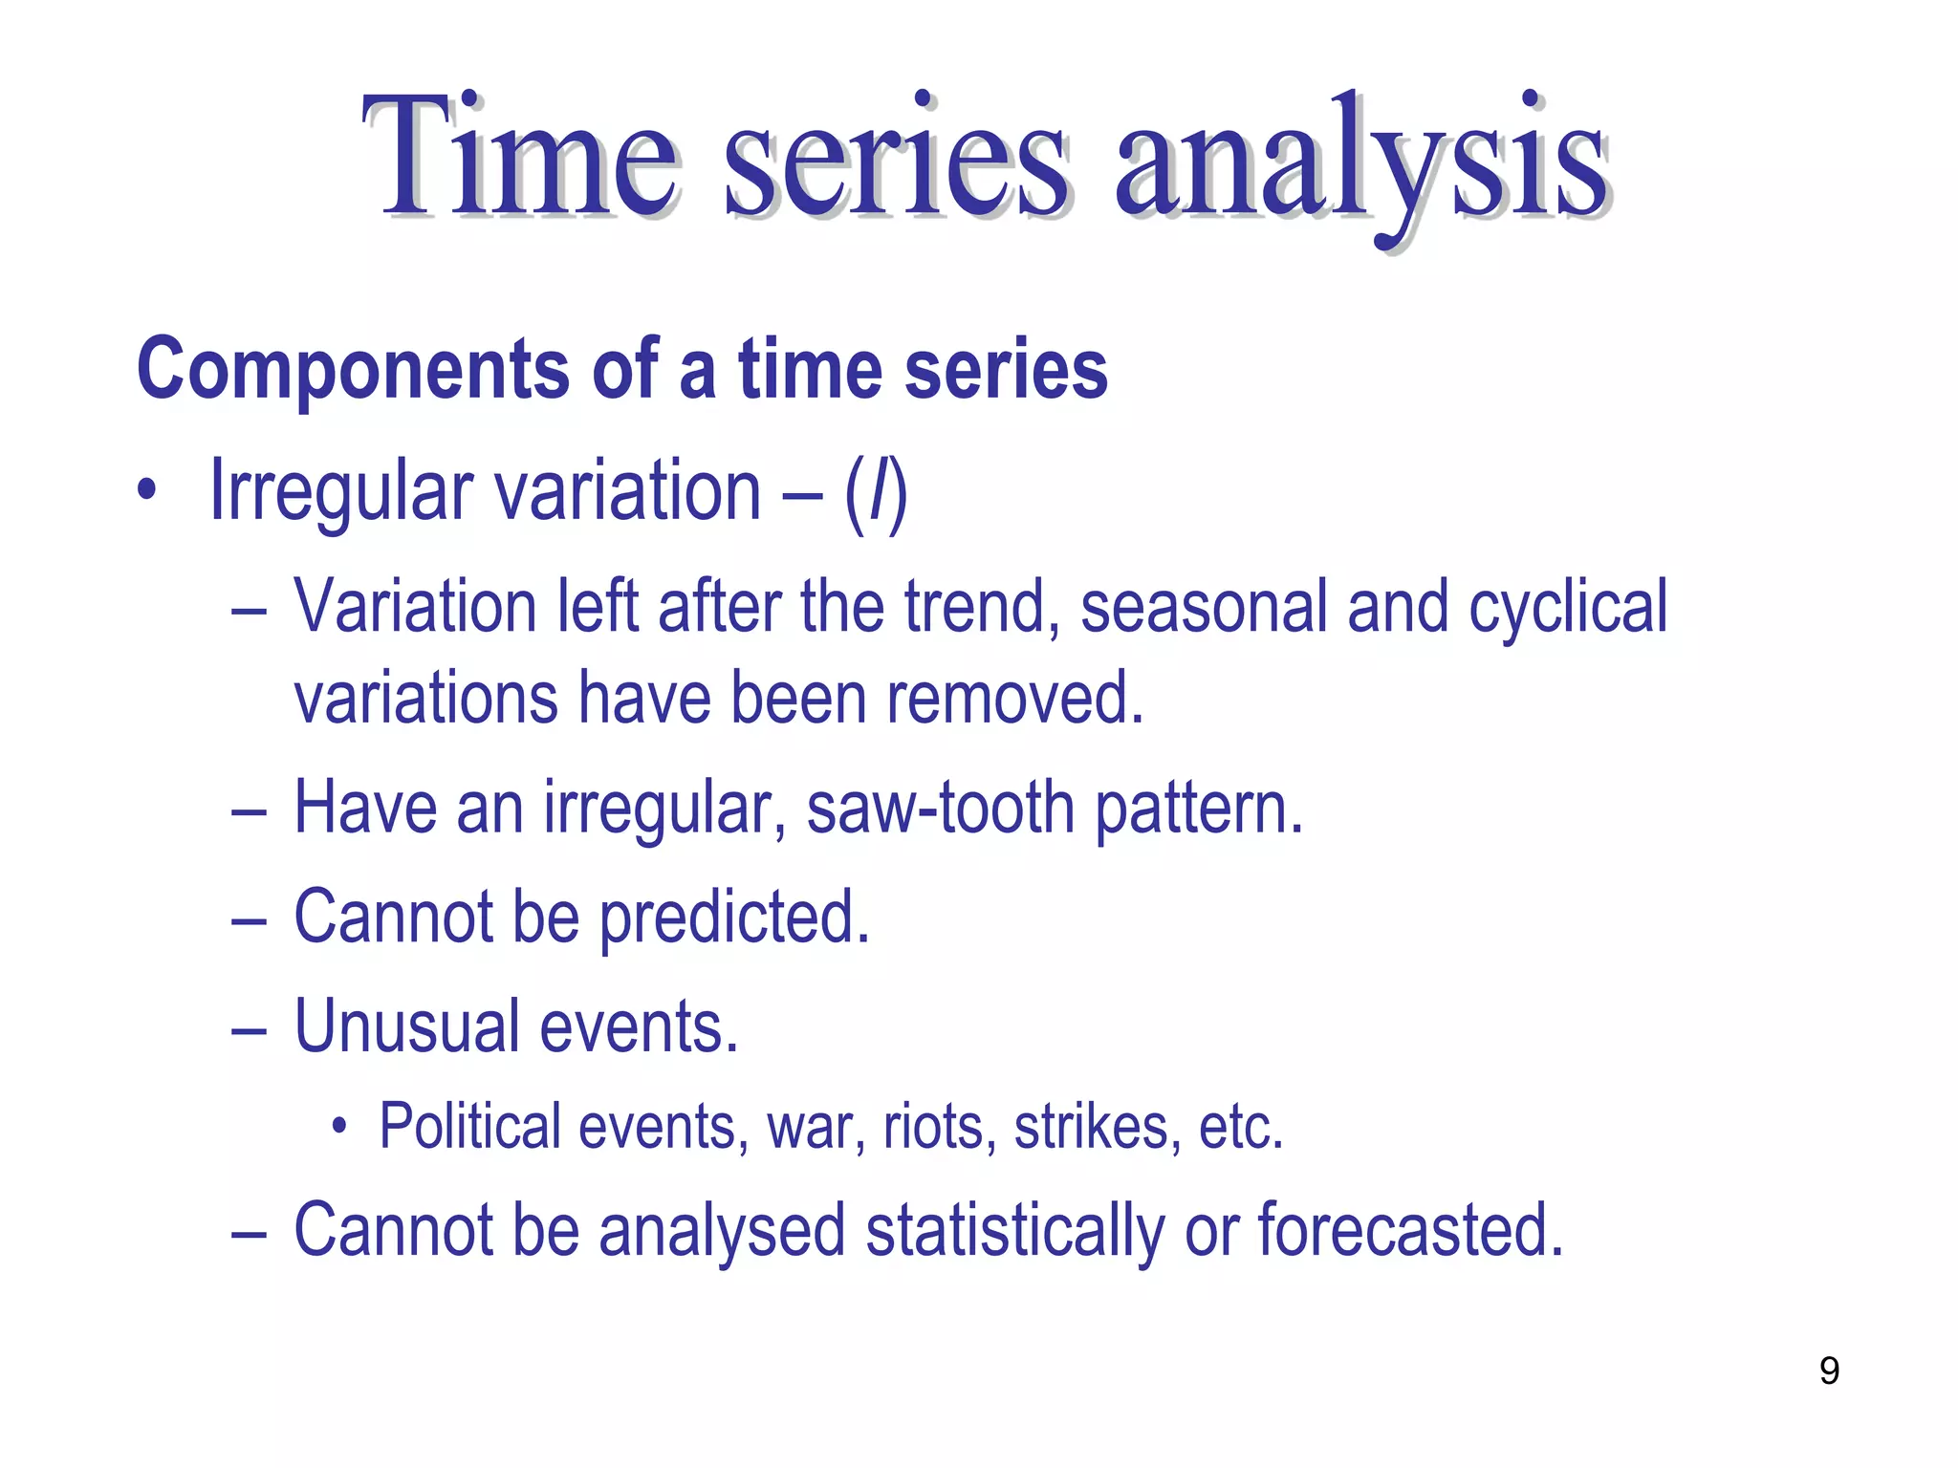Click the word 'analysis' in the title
[1361, 158]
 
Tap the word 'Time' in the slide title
[520, 158]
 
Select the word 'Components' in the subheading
[354, 371]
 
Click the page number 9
[1829, 1371]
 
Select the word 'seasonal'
[1204, 608]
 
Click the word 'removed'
[1013, 699]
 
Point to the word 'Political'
[469, 1127]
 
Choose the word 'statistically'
[1014, 1232]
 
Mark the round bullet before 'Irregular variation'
[145, 491]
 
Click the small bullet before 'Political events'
[338, 1127]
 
